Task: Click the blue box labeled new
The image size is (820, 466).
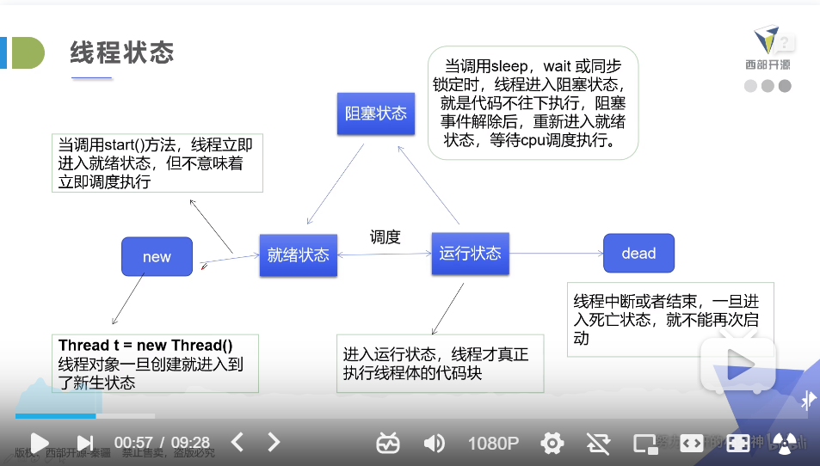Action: [157, 256]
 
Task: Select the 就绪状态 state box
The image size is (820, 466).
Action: [298, 254]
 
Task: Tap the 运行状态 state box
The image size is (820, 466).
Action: [470, 253]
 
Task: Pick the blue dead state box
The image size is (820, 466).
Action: [638, 253]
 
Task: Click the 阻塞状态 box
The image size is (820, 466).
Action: [376, 113]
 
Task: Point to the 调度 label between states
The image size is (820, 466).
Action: [385, 236]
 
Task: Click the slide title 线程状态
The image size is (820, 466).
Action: [122, 53]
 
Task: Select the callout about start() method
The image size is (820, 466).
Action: [156, 162]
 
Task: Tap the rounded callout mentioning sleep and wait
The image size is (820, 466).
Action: [533, 103]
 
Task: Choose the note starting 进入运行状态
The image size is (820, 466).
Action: [440, 364]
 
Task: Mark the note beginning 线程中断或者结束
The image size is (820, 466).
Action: [669, 319]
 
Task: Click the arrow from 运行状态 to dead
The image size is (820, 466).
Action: [555, 254]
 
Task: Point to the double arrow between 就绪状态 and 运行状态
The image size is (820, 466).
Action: [384, 254]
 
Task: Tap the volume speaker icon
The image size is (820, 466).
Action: [435, 443]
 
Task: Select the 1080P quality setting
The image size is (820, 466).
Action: [493, 443]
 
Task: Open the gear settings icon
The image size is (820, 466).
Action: [552, 443]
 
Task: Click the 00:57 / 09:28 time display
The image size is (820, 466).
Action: [162, 443]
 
